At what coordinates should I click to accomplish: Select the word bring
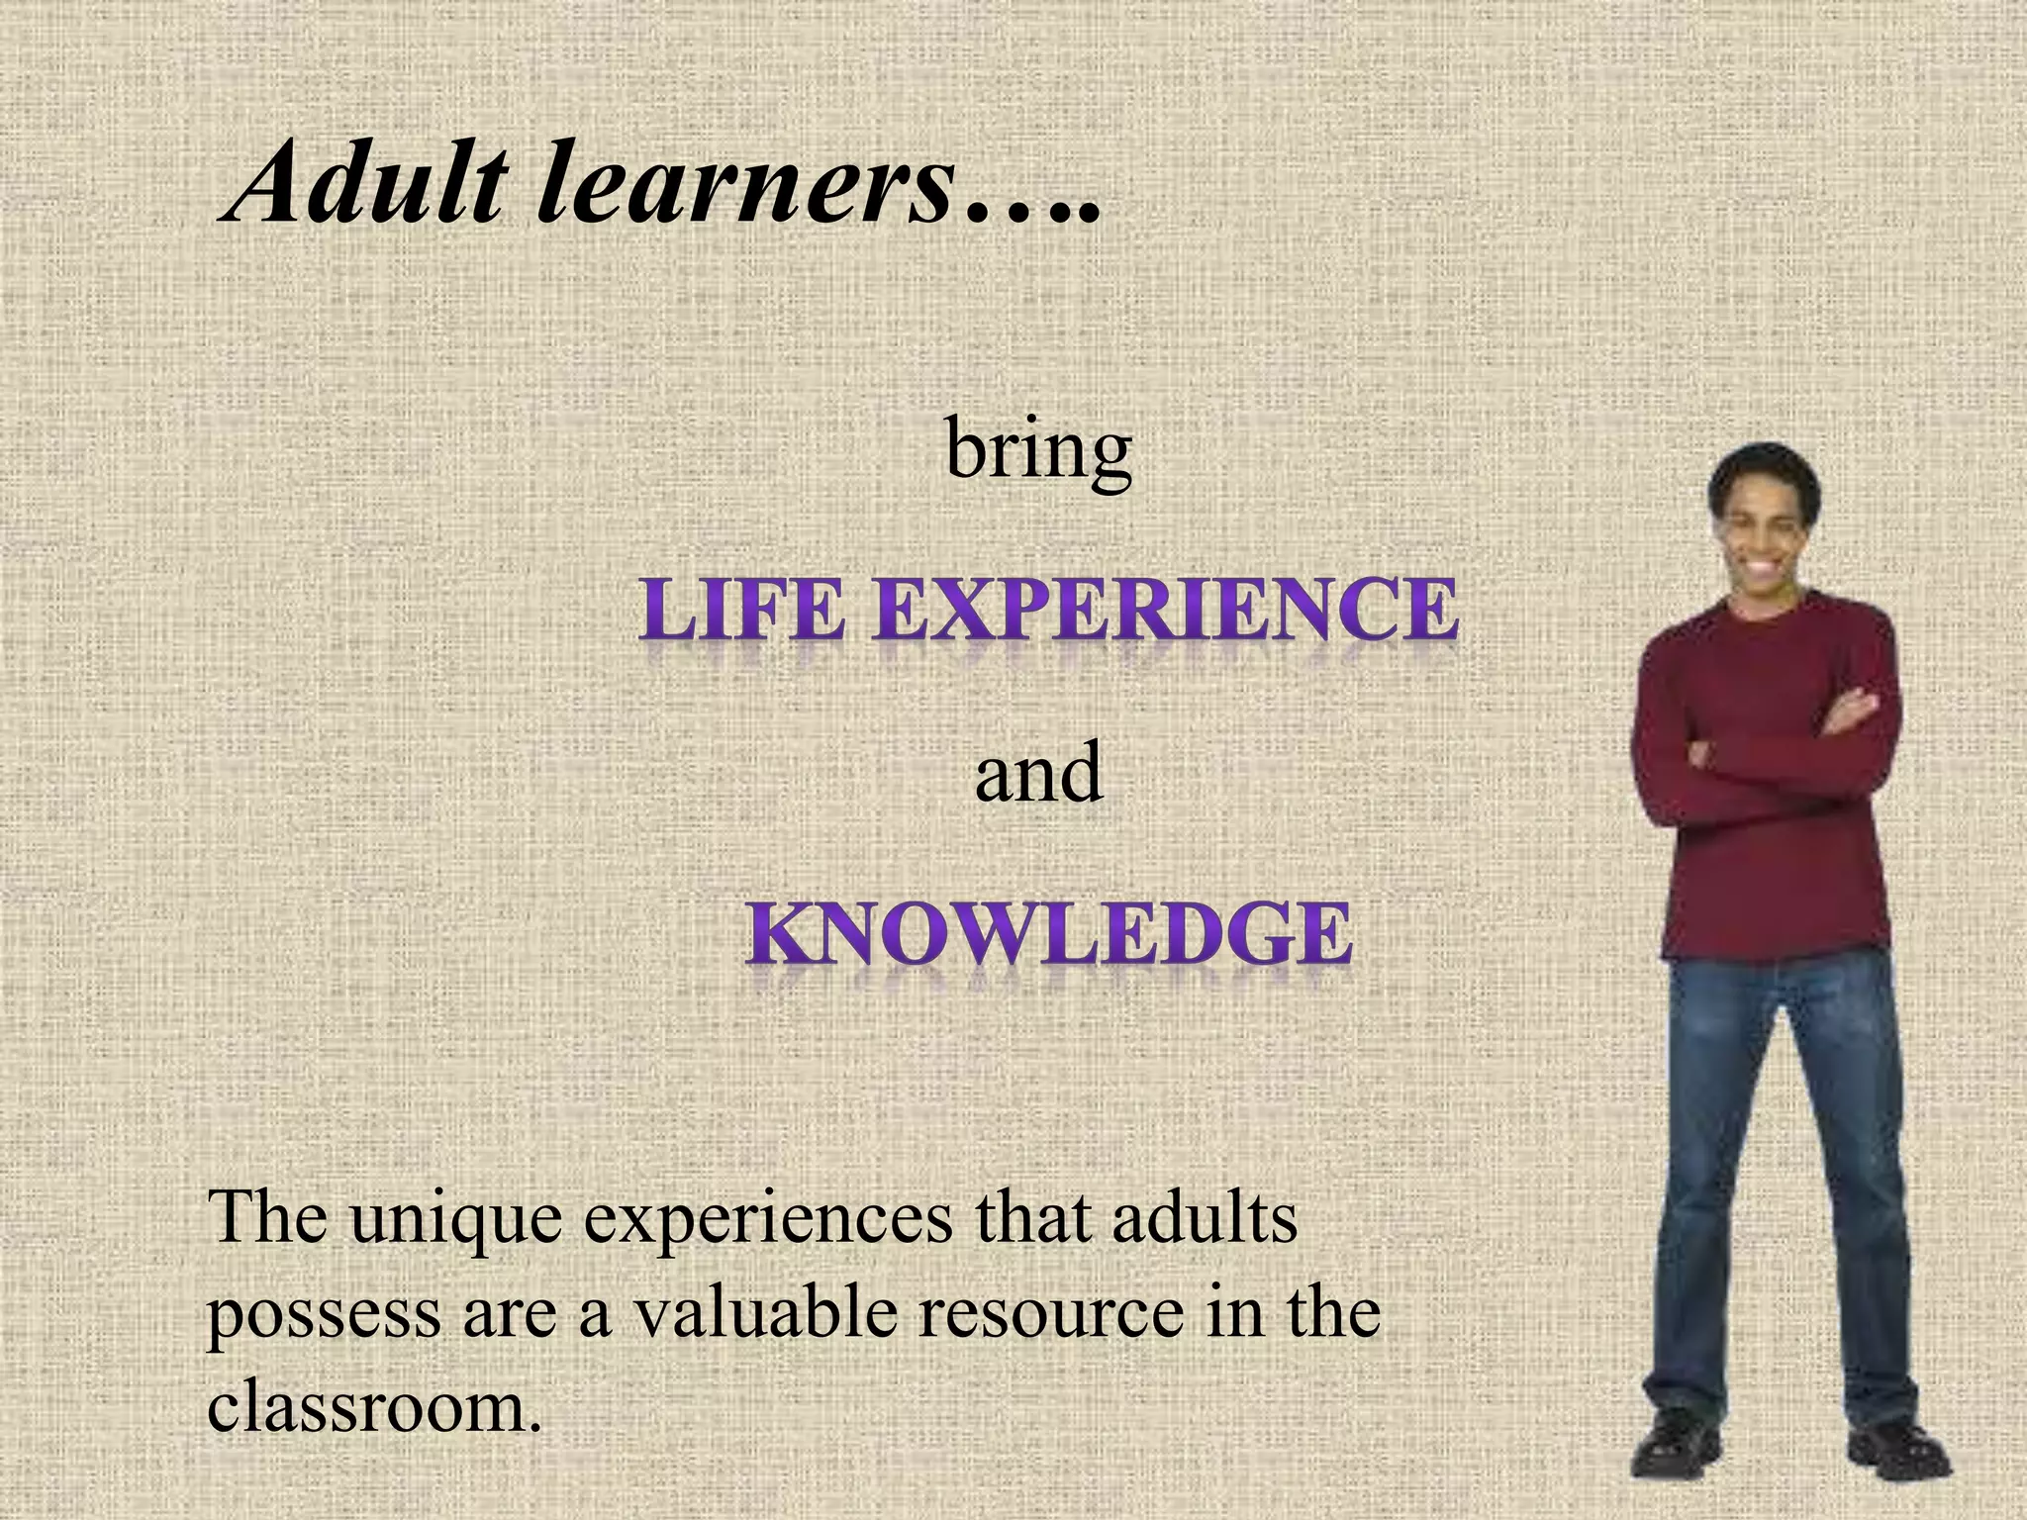[1038, 451]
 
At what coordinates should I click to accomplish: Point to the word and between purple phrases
[1038, 773]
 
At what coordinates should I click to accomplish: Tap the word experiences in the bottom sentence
[767, 1219]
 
